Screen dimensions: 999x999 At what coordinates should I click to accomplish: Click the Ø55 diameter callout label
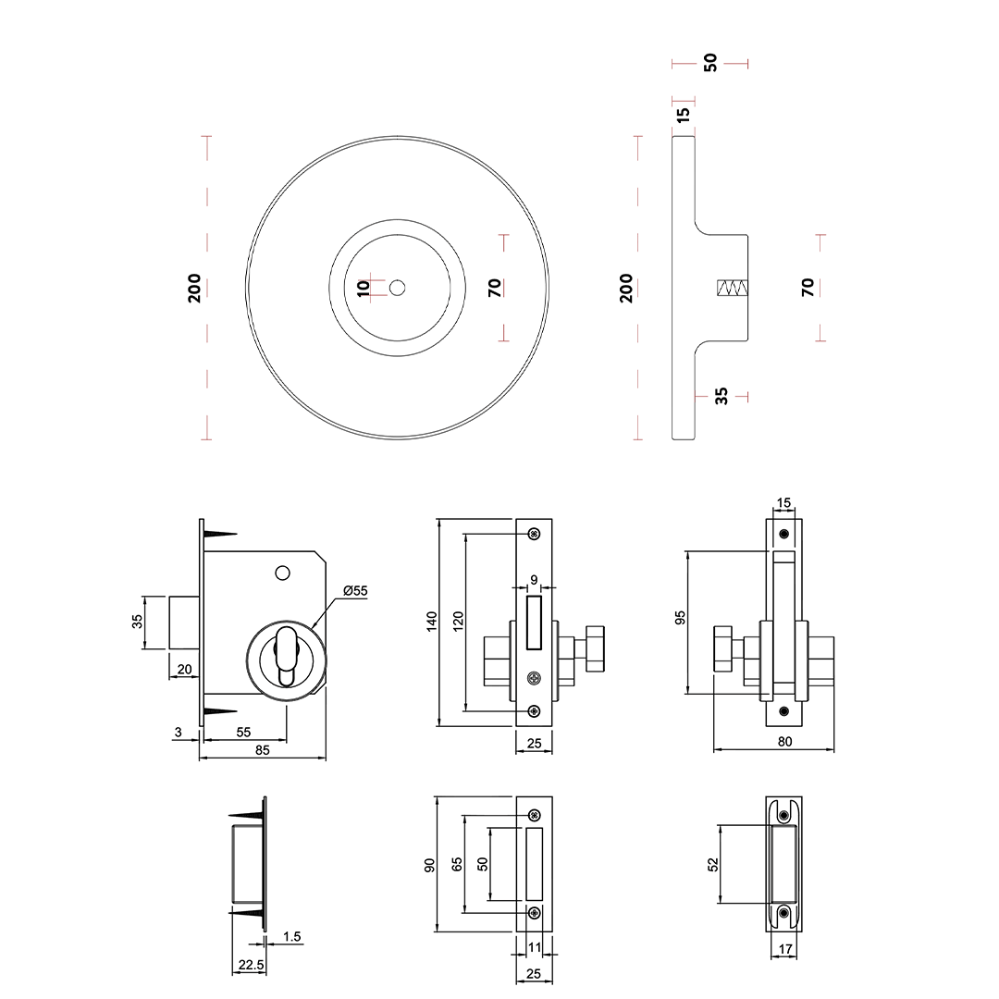(x=355, y=590)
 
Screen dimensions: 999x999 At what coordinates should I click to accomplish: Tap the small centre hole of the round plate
(x=398, y=288)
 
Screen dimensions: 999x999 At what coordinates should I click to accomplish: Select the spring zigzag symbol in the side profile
(x=733, y=288)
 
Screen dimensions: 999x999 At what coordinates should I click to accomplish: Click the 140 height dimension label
(x=432, y=622)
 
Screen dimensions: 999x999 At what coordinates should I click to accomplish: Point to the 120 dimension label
(x=458, y=622)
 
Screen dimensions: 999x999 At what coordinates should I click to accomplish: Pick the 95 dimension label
(x=681, y=618)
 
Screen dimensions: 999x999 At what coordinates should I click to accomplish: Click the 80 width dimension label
(x=785, y=742)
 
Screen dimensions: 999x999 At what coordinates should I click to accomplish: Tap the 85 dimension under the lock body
(x=263, y=750)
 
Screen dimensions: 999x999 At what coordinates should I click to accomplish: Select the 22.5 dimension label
(x=251, y=965)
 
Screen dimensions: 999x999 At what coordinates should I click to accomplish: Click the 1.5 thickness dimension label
(x=291, y=936)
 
